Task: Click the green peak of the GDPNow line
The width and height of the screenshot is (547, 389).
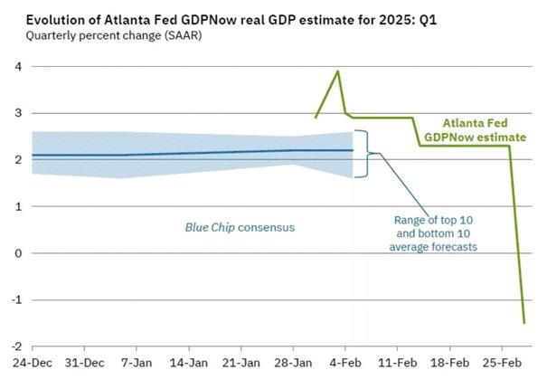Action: coord(338,71)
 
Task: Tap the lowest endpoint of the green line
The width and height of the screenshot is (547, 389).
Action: coord(523,322)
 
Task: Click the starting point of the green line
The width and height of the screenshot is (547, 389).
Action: coord(316,118)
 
